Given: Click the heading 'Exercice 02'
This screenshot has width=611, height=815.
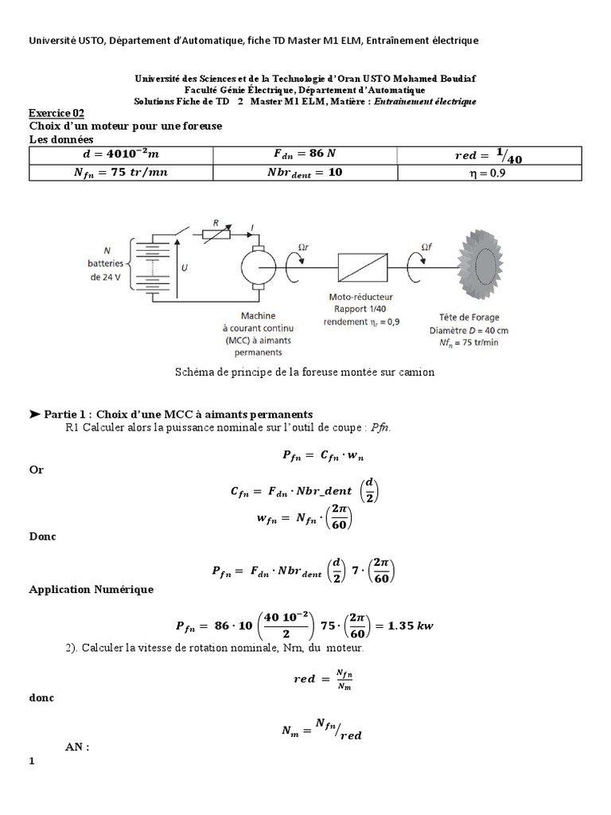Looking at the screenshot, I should click(x=56, y=113).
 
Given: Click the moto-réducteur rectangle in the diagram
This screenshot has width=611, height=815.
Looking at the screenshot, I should click(x=361, y=264).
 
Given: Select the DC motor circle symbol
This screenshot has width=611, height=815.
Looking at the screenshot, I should click(x=256, y=264).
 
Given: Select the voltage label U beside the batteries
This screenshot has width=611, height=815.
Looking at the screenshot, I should click(x=185, y=268).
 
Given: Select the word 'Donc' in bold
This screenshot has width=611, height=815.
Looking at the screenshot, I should click(x=44, y=536).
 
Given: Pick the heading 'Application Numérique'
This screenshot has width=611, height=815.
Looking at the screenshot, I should click(x=91, y=590).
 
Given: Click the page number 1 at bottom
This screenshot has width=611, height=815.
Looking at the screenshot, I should click(x=33, y=762).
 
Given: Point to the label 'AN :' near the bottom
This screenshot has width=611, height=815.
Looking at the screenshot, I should click(x=77, y=747).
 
